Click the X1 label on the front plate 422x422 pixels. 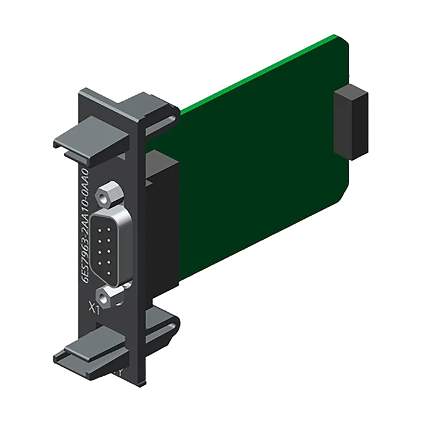[x=95, y=307]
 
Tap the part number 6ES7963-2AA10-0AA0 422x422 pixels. [x=89, y=225]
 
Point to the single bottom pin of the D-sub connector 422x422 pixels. [x=109, y=273]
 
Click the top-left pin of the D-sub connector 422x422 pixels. [x=100, y=231]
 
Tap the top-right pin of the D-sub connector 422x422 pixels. [x=109, y=230]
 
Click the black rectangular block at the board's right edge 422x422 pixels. [x=351, y=122]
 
